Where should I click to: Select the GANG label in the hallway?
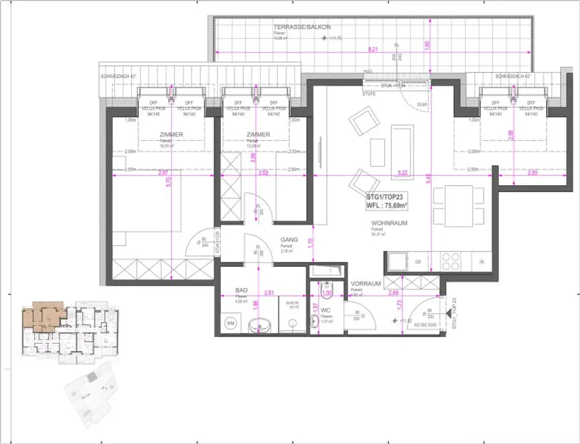tap(289, 240)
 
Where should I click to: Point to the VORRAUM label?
tap(364, 283)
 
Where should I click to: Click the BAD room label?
tap(241, 289)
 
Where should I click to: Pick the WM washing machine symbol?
tap(231, 323)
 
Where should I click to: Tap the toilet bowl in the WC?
tap(326, 291)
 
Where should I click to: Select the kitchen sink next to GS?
tap(395, 261)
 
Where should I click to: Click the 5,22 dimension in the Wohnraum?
tap(403, 172)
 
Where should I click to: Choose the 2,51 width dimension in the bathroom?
tap(270, 293)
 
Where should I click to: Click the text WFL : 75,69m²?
tap(387, 206)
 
